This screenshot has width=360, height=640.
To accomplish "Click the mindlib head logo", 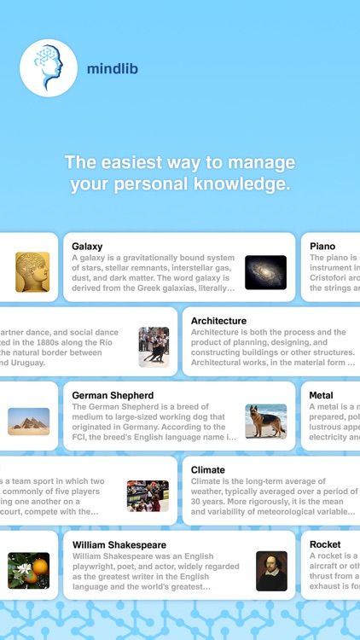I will point(49,67).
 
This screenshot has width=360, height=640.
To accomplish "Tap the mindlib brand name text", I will point(112,68).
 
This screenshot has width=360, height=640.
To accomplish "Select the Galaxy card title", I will point(87,247).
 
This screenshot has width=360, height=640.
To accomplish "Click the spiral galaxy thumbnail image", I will point(265,272).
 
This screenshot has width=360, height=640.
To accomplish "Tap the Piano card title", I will point(322,247).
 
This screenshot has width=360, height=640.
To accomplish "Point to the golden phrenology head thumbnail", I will point(32,272).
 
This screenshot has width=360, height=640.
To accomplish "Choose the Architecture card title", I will point(218,321).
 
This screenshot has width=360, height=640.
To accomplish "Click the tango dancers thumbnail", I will point(154,346).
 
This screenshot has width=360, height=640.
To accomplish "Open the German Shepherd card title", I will point(113,396).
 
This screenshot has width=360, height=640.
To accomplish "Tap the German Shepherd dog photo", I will point(265,422).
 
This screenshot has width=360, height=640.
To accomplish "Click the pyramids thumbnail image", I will point(29,422).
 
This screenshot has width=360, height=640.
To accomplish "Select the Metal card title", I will point(321,396).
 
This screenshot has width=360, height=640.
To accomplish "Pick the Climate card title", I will point(208,470).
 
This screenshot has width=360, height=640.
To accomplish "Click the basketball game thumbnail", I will point(148,496).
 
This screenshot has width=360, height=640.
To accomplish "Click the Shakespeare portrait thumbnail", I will point(271,571).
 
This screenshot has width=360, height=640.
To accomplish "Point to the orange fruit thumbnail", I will point(29,571).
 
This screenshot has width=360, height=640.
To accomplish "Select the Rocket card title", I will point(324,544).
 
